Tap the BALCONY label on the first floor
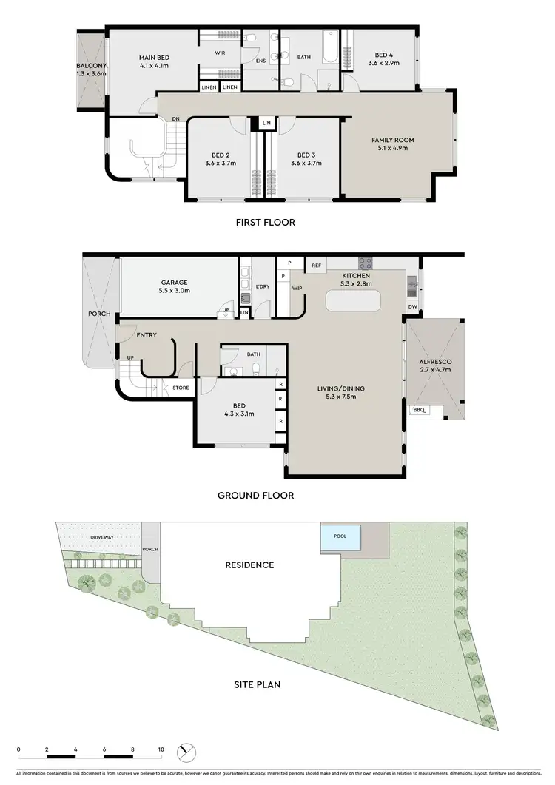[x=91, y=66]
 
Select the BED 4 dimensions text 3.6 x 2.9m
[x=383, y=64]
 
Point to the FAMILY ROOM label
[x=392, y=139]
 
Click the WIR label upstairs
[x=220, y=53]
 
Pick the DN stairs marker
[x=175, y=118]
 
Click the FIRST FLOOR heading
[x=265, y=221]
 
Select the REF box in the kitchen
[x=316, y=265]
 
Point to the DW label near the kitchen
[x=411, y=306]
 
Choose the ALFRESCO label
[x=435, y=362]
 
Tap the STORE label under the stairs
[x=181, y=387]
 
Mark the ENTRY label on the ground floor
[x=147, y=335]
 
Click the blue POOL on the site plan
[x=340, y=537]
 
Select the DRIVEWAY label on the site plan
[x=101, y=537]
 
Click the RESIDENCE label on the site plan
[x=249, y=565]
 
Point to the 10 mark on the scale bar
[x=161, y=749]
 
